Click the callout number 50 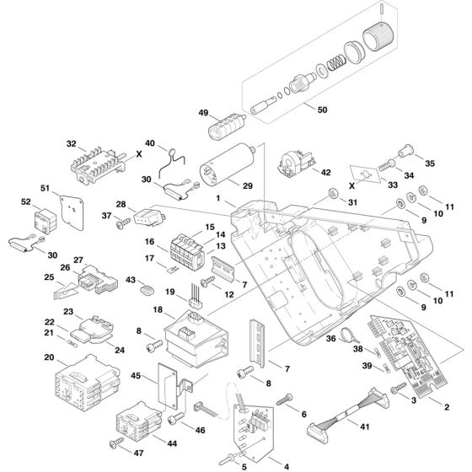[322, 110]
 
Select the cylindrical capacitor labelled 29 [228, 164]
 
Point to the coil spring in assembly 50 [336, 63]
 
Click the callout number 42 [325, 172]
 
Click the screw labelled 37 [123, 223]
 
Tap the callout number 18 [158, 310]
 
